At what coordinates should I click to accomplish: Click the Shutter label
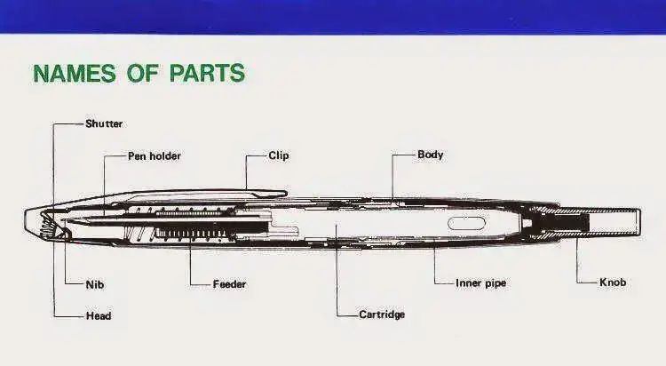104,123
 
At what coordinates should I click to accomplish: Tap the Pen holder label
155,156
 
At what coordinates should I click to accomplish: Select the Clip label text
279,155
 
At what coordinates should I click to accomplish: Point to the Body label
431,155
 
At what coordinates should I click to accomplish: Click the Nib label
95,284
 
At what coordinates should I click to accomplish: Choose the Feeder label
229,284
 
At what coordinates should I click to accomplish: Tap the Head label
99,316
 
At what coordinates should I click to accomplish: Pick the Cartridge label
382,314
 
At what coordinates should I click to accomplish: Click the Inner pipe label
480,283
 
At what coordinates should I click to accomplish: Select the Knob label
613,282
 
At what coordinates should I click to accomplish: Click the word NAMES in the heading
75,73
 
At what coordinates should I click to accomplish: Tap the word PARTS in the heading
207,73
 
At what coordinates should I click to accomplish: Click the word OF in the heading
143,73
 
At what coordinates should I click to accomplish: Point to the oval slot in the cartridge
466,223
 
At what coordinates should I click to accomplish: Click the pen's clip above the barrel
200,194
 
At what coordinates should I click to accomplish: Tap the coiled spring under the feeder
195,234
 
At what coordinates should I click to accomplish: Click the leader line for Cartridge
337,269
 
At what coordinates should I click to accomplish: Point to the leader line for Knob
577,260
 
